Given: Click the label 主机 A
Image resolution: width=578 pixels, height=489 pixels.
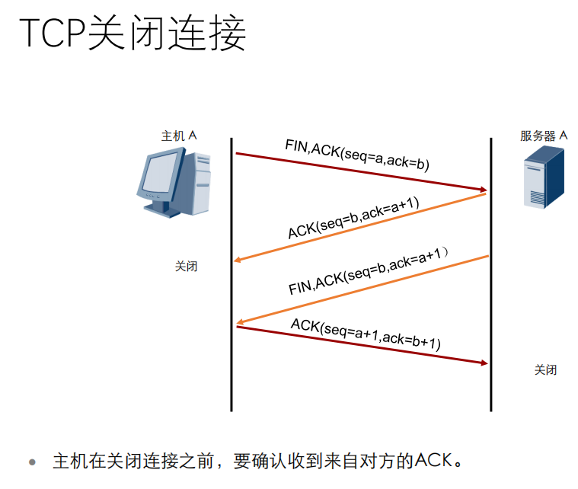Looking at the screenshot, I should click(x=178, y=136).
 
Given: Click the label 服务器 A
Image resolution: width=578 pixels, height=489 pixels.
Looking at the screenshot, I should click(x=544, y=136).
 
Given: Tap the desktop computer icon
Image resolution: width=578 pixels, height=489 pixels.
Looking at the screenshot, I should click(x=174, y=182).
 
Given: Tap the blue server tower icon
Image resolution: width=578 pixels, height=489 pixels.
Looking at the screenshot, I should click(x=544, y=178).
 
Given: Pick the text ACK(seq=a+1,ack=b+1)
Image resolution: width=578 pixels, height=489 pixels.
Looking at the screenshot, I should click(x=366, y=333).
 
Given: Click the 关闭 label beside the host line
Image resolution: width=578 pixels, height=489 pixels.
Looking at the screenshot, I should click(x=186, y=267).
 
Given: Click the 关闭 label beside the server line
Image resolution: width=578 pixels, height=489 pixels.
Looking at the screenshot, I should click(x=545, y=369).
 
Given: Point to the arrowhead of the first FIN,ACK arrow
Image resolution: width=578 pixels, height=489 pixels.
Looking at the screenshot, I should click(x=482, y=190).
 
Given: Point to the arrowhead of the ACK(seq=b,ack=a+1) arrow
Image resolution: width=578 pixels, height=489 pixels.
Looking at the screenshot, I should click(x=238, y=260).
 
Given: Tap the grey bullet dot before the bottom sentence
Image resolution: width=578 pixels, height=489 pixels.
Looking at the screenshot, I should click(x=32, y=462).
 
